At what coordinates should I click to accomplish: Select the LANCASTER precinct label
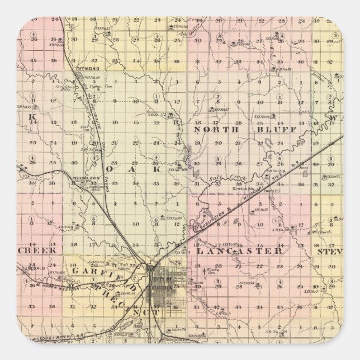point(240,251)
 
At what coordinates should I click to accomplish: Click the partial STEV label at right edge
point(329,251)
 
